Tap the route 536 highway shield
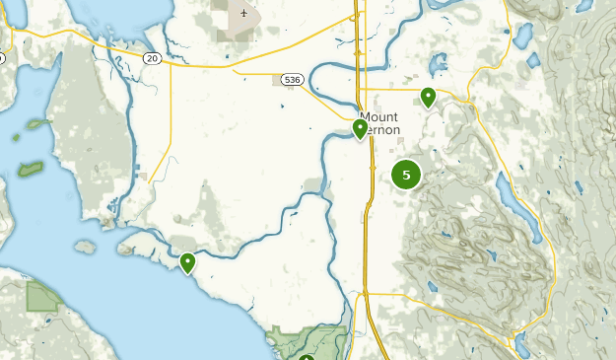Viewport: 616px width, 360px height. [290, 80]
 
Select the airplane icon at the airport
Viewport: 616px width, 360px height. [243, 13]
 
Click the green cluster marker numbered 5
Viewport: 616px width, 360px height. [406, 175]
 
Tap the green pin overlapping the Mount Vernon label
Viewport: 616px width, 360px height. [361, 128]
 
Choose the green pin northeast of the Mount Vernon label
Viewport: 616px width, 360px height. [428, 97]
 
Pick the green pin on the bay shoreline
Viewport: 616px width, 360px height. [187, 262]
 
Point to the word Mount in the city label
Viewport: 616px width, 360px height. [379, 116]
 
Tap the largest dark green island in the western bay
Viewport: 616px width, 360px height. [31, 169]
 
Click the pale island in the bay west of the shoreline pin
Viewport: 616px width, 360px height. [86, 246]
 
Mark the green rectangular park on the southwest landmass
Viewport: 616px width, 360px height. [41, 296]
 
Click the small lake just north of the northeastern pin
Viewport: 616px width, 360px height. [434, 69]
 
